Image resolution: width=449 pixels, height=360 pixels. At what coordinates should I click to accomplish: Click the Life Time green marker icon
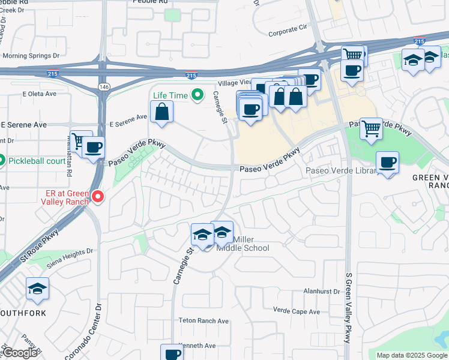coord(196,95)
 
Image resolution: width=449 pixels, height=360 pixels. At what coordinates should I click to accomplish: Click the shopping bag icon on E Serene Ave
coord(162,112)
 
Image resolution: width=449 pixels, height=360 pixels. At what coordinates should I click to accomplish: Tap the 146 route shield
coord(105,86)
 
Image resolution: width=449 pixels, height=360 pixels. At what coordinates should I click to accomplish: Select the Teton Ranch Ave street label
coord(203,321)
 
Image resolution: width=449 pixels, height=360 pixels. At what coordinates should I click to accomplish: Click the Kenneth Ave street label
coord(197,346)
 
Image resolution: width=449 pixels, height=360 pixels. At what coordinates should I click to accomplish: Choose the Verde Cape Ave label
coord(297,311)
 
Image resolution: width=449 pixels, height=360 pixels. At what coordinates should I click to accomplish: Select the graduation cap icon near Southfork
coord(38,289)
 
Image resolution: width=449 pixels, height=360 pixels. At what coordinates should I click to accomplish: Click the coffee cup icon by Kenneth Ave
coord(172,353)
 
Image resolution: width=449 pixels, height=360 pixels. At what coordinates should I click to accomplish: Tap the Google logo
coord(20,353)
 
